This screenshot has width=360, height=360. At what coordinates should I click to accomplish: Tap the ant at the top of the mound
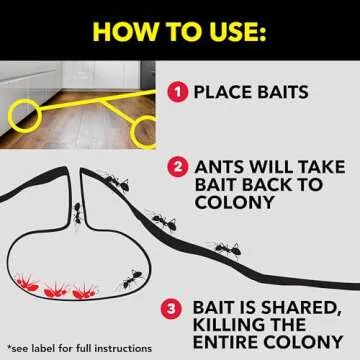(x=118, y=181)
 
